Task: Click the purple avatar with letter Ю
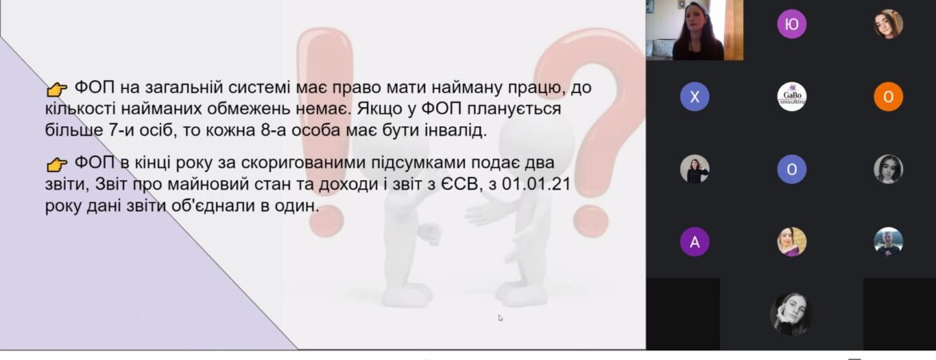point(791,24)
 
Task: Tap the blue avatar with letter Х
point(695,97)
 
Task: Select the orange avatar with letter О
point(888,97)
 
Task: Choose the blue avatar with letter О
point(791,169)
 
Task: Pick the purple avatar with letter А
point(695,242)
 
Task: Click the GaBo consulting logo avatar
point(791,97)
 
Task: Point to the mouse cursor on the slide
point(500,318)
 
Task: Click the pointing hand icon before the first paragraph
point(58,90)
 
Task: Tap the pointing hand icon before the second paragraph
point(58,164)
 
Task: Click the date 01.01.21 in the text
point(536,185)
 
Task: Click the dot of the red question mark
point(590,220)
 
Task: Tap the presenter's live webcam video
point(694,30)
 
